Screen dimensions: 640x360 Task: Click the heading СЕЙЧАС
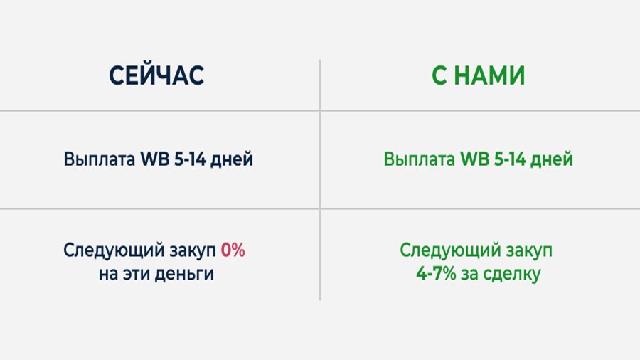(156, 75)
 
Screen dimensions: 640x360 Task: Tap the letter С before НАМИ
(439, 76)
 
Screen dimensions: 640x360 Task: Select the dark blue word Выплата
(99, 159)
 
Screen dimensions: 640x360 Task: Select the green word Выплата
(419, 159)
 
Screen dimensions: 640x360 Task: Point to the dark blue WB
(155, 159)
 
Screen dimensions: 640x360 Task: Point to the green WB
(475, 159)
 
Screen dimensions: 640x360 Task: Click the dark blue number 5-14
(190, 159)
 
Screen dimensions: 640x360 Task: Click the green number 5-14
(510, 159)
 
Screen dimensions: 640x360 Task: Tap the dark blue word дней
(232, 160)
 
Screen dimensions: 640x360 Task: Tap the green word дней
(552, 160)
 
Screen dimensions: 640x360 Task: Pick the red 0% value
(233, 250)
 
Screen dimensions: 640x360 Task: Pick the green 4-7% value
(436, 273)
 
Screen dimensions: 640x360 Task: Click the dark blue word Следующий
(114, 250)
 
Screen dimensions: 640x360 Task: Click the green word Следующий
(450, 250)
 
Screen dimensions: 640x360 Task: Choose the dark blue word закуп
(193, 251)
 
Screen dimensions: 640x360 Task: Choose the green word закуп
(529, 251)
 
